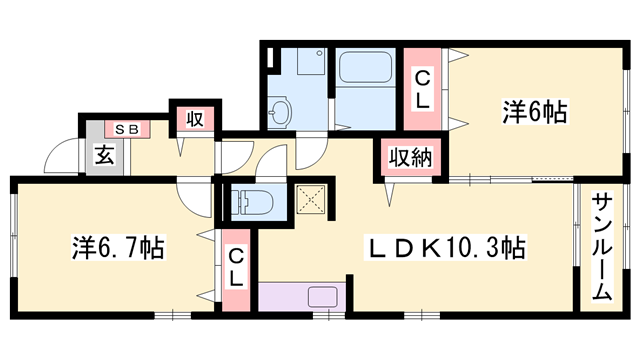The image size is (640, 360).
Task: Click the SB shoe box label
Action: pos(127,129)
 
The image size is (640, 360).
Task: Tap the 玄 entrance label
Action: pos(103,155)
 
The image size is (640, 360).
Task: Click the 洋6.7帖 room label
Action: pos(116,245)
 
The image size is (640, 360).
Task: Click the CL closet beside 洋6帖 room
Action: pos(423,88)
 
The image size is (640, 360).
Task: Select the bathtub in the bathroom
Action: pos(367,70)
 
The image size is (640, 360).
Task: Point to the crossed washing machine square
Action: pos(313,200)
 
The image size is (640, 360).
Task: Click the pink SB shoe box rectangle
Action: pos(127,129)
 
